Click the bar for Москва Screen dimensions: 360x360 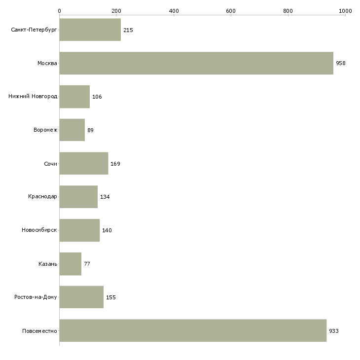point(196,63)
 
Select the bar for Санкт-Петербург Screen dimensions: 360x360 point(90,30)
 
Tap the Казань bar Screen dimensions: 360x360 point(70,264)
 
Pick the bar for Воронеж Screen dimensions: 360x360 point(72,130)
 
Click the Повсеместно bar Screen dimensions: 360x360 point(193,330)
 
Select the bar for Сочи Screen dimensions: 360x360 point(84,163)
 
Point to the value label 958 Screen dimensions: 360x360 point(341,63)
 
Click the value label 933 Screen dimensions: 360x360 point(334,331)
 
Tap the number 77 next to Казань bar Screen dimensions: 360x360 point(87,264)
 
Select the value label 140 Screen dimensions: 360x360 point(107,230)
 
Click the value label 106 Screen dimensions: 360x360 point(97,97)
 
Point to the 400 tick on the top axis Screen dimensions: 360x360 point(174,11)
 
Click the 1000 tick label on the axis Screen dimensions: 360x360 point(345,11)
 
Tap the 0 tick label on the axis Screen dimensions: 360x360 point(60,11)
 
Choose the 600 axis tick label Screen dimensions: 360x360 point(231,11)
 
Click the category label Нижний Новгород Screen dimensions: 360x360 point(33,96)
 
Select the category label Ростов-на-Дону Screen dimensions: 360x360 point(36,297)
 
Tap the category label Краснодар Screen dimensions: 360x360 point(42,197)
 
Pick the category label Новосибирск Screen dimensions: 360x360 point(39,230)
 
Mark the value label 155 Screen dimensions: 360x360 point(111,297)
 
